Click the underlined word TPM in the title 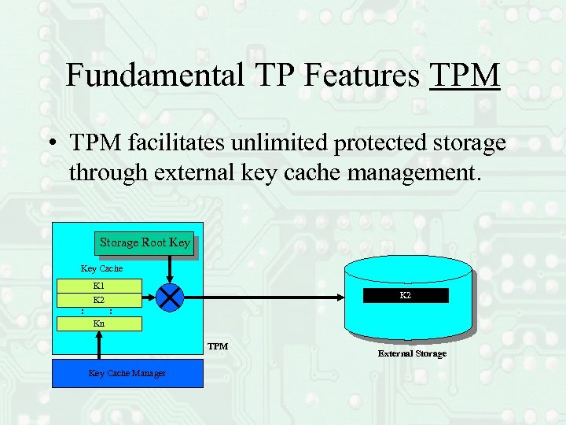click(465, 76)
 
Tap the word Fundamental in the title click(155, 76)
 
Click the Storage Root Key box click(145, 242)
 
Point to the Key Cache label click(102, 268)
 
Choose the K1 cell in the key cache click(99, 285)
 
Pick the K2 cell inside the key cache click(99, 300)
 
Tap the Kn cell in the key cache click(99, 323)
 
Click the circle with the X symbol click(170, 297)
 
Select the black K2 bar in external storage click(405, 296)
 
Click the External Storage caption click(412, 353)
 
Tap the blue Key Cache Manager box click(127, 373)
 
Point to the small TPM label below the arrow click(218, 346)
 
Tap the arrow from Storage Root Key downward click(170, 268)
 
